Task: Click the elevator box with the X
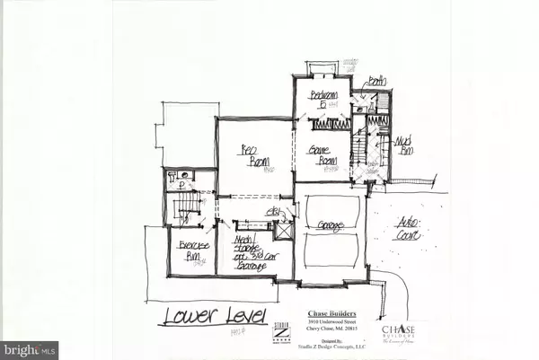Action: pos(284,231)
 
